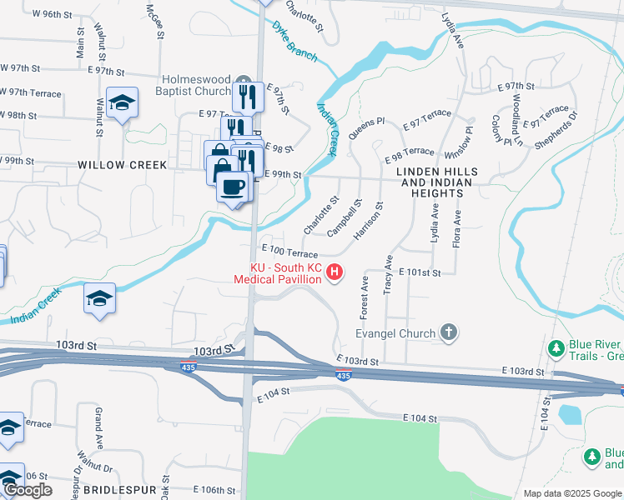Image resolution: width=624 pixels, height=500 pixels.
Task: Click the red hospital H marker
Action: (x=335, y=272)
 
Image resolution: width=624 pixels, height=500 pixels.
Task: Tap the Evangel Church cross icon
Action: (x=449, y=333)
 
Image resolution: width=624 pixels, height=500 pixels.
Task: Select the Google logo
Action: (x=28, y=490)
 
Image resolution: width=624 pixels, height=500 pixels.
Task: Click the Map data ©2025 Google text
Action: (x=572, y=493)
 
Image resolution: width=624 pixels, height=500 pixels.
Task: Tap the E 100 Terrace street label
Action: (x=289, y=251)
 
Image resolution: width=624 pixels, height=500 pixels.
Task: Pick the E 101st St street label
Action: (x=420, y=272)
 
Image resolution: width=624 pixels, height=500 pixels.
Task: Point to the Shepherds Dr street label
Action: (x=556, y=130)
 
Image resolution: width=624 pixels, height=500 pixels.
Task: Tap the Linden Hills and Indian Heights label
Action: (x=430, y=182)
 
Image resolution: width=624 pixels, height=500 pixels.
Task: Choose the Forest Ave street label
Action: (x=365, y=295)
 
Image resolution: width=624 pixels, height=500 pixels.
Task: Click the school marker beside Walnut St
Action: (x=123, y=103)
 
